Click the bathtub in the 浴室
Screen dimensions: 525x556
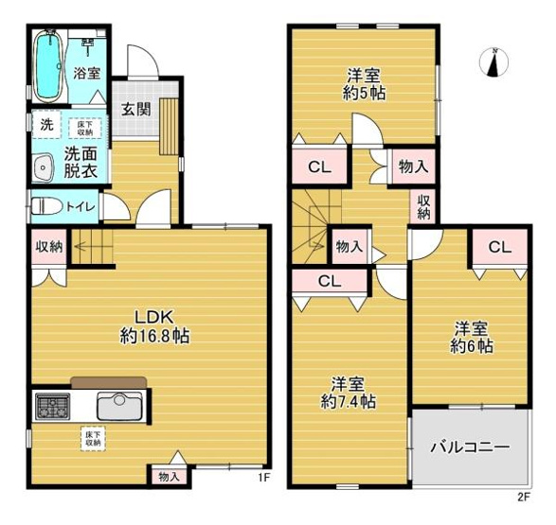[48, 67]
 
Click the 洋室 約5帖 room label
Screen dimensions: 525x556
[364, 83]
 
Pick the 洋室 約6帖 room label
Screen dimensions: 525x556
[471, 337]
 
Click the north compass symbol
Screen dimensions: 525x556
[493, 62]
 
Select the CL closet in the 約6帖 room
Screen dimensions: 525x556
[499, 248]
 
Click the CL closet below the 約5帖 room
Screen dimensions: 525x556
[318, 167]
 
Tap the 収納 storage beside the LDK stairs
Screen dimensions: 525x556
[48, 248]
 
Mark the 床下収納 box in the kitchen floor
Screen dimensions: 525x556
[93, 438]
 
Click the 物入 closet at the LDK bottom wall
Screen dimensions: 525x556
[169, 477]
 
